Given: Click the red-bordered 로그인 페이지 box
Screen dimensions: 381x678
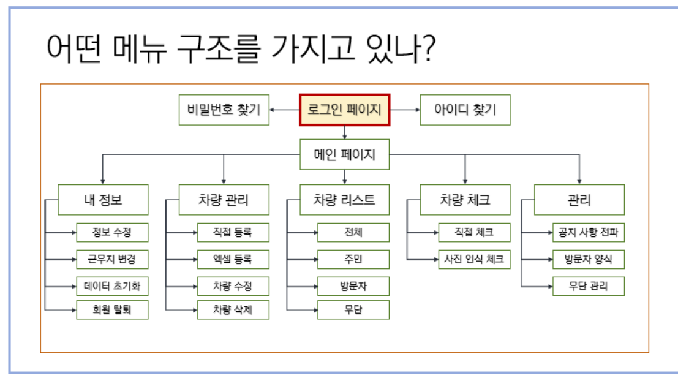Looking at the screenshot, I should click(344, 110).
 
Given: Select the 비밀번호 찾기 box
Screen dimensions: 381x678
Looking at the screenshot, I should click(224, 110).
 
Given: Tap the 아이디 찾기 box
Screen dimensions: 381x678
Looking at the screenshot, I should click(465, 110).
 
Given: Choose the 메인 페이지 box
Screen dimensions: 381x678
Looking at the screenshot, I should click(345, 154).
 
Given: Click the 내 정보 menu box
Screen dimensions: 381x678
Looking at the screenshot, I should click(103, 200).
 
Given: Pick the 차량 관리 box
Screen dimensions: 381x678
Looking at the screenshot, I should click(224, 200).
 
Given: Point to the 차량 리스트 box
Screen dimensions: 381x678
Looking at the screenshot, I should click(345, 200).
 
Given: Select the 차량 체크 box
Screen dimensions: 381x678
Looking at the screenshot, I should click(465, 200).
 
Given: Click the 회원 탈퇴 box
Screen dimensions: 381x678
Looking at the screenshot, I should click(112, 310).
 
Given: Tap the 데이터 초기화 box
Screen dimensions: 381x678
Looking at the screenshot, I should click(112, 285).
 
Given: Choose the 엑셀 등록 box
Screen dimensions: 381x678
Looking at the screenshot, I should click(233, 259).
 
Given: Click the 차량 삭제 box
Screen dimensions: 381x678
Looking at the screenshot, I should click(233, 310).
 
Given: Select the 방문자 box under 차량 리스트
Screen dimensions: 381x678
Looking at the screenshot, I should click(353, 285).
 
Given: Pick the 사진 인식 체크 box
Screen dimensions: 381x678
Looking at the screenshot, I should click(474, 259).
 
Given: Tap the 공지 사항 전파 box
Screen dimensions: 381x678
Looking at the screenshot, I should click(589, 233).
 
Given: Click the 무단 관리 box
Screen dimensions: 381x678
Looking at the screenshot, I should click(589, 285).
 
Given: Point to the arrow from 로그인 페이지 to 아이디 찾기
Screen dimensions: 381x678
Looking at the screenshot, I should click(405, 110).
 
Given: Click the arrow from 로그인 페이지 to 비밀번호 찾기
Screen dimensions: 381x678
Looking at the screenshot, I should click(284, 110).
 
